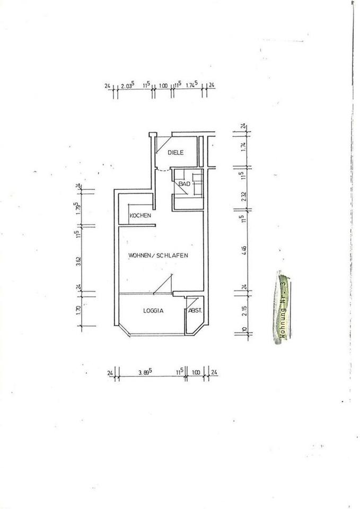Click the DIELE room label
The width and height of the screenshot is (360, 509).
tap(175, 153)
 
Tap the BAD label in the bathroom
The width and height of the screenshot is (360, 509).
tap(184, 184)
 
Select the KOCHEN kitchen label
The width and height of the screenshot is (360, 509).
tap(141, 216)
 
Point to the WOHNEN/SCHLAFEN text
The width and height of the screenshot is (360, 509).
tap(159, 255)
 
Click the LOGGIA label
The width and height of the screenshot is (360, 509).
tap(152, 311)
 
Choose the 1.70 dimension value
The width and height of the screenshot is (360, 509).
tap(78, 311)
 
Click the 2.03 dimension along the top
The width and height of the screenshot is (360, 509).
tap(128, 85)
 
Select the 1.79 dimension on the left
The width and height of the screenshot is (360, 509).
tap(78, 207)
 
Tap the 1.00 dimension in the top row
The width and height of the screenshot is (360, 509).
tap(163, 85)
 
